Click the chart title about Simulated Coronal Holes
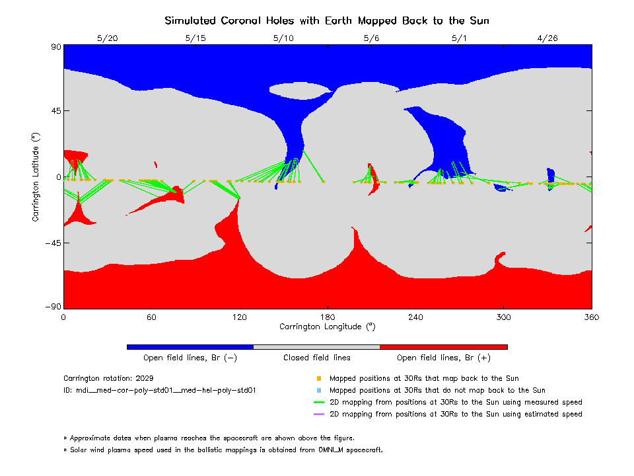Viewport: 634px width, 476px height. click(x=327, y=20)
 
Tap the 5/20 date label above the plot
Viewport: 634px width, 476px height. click(x=107, y=38)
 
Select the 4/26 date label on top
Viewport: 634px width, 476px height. click(x=547, y=38)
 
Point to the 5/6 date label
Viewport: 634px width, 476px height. click(x=371, y=38)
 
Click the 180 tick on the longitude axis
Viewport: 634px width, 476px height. click(x=328, y=317)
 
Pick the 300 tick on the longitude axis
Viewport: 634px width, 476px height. click(x=504, y=317)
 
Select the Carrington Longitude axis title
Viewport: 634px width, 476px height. click(x=327, y=327)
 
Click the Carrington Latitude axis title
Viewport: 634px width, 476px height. click(x=36, y=177)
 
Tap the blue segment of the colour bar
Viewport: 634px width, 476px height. click(x=190, y=346)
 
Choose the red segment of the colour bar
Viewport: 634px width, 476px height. click(x=443, y=346)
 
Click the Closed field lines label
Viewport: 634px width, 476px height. click(x=317, y=358)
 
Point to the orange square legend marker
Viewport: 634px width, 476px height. click(x=319, y=379)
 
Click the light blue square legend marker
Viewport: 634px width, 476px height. click(x=319, y=391)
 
